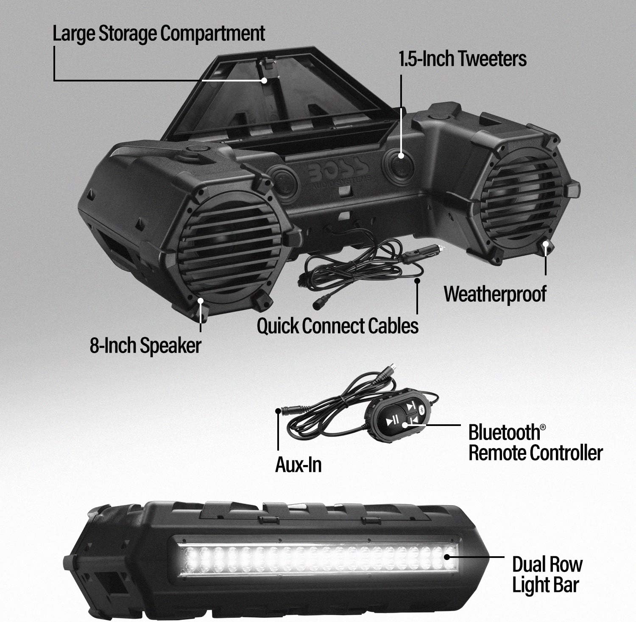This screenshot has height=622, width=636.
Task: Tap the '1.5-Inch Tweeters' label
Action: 463,59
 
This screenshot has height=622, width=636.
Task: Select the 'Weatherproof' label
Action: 495,294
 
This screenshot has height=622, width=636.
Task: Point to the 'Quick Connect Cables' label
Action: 338,326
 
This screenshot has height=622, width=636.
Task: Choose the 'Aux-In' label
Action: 298,465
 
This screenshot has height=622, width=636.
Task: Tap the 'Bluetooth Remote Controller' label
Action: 535,443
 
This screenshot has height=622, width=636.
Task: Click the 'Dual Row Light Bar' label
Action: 547,574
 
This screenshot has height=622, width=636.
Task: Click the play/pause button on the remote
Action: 392,420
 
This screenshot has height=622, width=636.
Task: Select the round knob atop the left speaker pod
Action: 196,150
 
